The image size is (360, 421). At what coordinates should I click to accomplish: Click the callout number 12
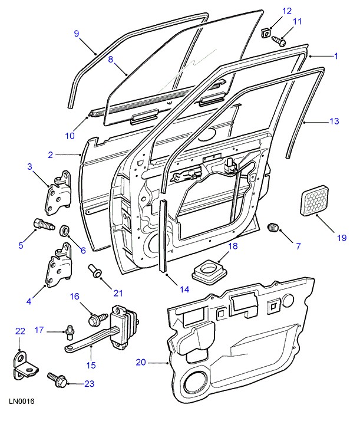(287, 11)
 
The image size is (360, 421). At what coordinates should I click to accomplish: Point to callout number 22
(21, 332)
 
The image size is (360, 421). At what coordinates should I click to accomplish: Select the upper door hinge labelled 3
(60, 194)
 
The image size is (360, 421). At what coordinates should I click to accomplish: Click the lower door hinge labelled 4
(60, 271)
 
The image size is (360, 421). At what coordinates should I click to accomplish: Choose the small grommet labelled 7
(273, 228)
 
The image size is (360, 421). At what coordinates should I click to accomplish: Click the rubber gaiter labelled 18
(209, 271)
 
